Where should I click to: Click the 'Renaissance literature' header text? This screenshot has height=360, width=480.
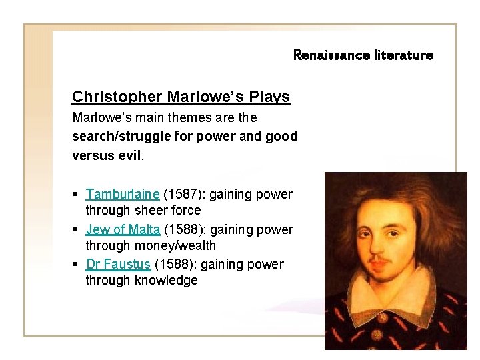tap(363, 55)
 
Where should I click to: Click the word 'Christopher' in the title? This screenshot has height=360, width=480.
tap(117, 97)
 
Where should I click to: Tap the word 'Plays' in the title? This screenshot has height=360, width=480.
tap(269, 97)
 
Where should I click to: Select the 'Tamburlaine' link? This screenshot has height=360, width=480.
tap(123, 195)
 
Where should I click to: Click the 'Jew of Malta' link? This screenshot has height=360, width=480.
tap(123, 229)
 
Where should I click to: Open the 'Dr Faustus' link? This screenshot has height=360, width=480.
tap(118, 264)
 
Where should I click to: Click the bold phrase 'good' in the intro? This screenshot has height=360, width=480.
tap(281, 136)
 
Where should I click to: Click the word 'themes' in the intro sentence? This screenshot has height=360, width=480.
tap(177, 117)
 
